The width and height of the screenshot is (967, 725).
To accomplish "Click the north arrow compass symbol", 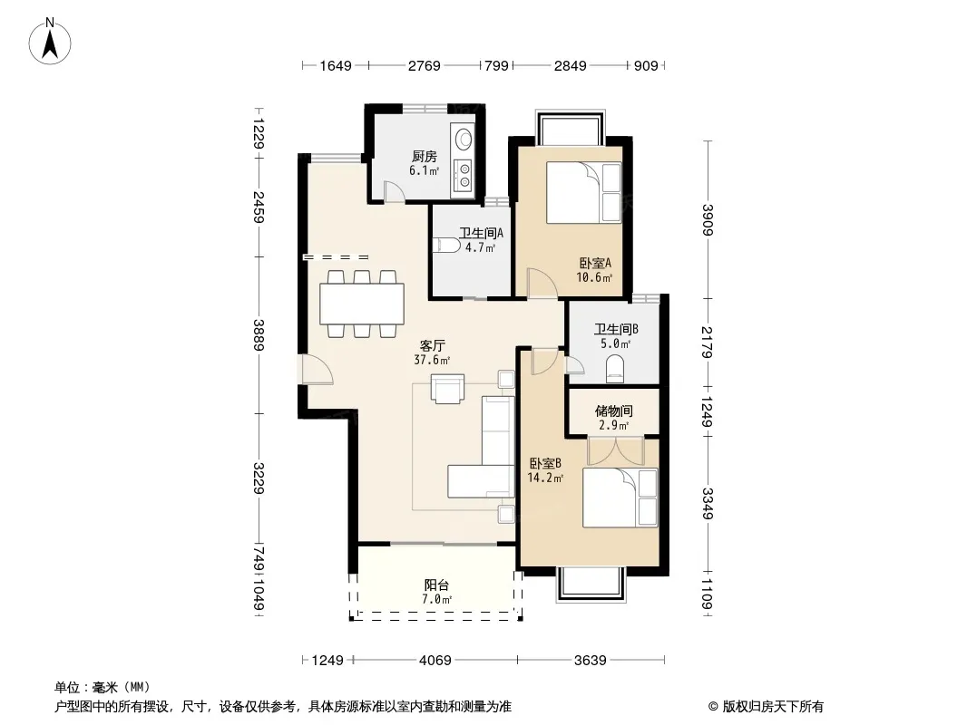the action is coord(50,42).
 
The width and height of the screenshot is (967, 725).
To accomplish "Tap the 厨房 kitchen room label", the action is coord(425,157).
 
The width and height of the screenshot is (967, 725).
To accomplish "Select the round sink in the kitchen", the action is coord(462,138).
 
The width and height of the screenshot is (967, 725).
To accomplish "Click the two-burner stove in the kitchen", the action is coord(462,174).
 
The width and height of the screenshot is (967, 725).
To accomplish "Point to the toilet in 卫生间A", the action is coord(446,246).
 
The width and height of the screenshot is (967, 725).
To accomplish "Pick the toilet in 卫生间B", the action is coord(615,369).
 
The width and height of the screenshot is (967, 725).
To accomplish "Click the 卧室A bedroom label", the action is coord(595,263).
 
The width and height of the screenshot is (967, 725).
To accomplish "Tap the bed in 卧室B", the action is coord(620,498).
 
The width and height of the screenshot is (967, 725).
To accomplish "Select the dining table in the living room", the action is coord(362,304).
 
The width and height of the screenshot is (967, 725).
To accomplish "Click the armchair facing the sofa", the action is coord(448,388).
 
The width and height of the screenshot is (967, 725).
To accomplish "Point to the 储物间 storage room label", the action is coord(613,411).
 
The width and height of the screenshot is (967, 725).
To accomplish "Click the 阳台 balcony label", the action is coord(436,585).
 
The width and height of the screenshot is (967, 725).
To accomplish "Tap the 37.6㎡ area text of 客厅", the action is coord(432,360).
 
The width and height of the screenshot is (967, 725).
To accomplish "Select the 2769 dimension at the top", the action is coord(425,65).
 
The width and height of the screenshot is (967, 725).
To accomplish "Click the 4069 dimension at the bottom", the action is coord(435,661).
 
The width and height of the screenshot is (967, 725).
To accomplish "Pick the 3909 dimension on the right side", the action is coord(708,219).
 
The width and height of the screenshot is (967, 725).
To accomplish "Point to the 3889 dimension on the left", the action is coord(259,335).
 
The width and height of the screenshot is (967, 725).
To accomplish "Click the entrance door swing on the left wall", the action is coord(317,370).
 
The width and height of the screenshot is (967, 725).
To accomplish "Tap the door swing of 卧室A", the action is coord(542,284).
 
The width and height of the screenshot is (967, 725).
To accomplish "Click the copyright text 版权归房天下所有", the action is coord(773,707).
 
